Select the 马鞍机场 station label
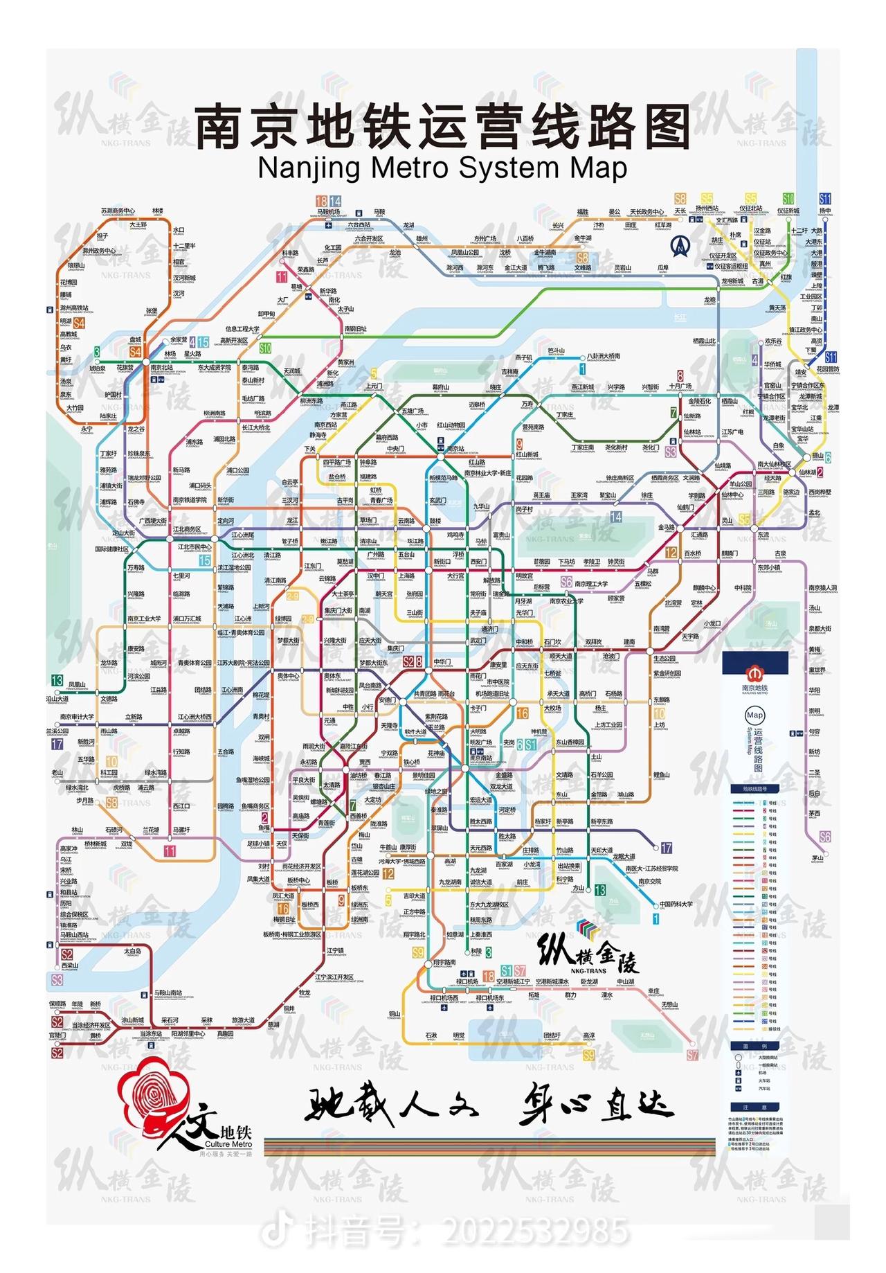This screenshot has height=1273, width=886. click(329, 212)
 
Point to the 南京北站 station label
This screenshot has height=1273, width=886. click(162, 368)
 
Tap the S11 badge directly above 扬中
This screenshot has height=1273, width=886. click(825, 199)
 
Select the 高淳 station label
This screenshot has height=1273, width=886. click(588, 1035)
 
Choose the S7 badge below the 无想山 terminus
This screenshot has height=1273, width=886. click(693, 1055)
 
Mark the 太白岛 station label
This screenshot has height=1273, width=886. click(133, 951)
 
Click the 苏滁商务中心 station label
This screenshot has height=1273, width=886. click(118, 211)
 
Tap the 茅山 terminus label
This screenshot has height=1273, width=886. click(817, 858)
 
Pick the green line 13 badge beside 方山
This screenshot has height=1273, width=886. click(599, 889)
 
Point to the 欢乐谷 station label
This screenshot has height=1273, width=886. click(773, 341)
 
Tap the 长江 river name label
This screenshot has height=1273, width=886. click(680, 317)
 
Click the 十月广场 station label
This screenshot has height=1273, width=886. click(680, 386)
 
